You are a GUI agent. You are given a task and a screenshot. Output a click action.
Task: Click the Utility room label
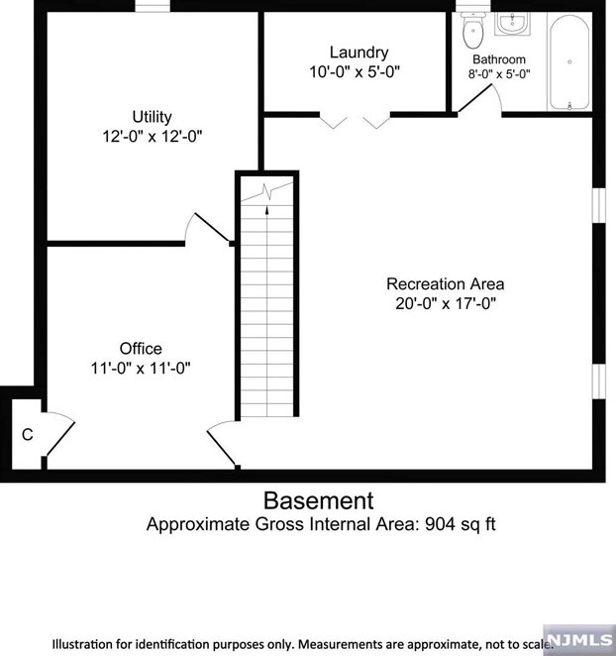pos(152,116)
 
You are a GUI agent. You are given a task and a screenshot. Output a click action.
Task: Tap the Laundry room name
pos(359,53)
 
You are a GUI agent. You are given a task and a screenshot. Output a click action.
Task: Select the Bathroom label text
pos(498,59)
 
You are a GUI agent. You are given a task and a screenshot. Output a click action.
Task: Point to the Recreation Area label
pos(445,284)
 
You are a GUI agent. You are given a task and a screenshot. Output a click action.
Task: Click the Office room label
pos(141,348)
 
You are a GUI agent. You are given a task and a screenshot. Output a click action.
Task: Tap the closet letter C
pos(28,433)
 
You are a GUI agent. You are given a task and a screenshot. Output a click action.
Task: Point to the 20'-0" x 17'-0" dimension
pos(445,303)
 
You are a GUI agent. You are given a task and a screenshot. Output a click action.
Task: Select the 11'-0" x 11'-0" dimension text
pos(141,367)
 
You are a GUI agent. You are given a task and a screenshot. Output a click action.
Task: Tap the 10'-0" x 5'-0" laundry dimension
pos(359,71)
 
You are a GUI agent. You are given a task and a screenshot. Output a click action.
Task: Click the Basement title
pos(319,499)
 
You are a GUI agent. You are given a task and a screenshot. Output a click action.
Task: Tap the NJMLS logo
pos(578,633)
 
